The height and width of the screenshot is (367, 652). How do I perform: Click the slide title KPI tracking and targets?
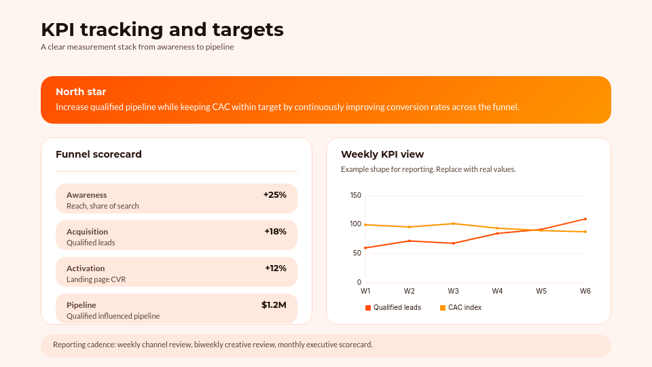162,30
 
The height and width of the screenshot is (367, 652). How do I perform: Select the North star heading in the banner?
81,92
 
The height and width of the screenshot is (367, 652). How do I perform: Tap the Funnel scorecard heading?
98,154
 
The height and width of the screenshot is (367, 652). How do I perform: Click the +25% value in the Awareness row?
275,195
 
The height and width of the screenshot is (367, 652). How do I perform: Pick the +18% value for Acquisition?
275,232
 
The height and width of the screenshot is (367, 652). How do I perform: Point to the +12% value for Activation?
275,268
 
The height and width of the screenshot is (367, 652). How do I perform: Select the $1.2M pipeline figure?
274,305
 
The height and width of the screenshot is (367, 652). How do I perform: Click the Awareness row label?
86,195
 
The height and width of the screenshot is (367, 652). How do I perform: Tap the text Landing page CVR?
96,279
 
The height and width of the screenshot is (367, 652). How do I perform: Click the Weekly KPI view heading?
382,154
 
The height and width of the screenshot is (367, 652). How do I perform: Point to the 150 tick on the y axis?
356,196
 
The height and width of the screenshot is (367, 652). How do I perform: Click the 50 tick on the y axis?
357,254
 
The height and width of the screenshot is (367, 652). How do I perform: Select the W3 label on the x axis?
453,291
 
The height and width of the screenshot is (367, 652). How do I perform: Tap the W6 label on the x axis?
585,291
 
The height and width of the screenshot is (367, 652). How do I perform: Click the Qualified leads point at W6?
585,219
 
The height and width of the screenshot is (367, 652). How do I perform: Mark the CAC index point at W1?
365,225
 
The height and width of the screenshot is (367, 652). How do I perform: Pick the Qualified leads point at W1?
365,248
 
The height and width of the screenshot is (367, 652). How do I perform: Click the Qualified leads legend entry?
393,308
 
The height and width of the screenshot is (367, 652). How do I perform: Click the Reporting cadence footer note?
213,345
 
